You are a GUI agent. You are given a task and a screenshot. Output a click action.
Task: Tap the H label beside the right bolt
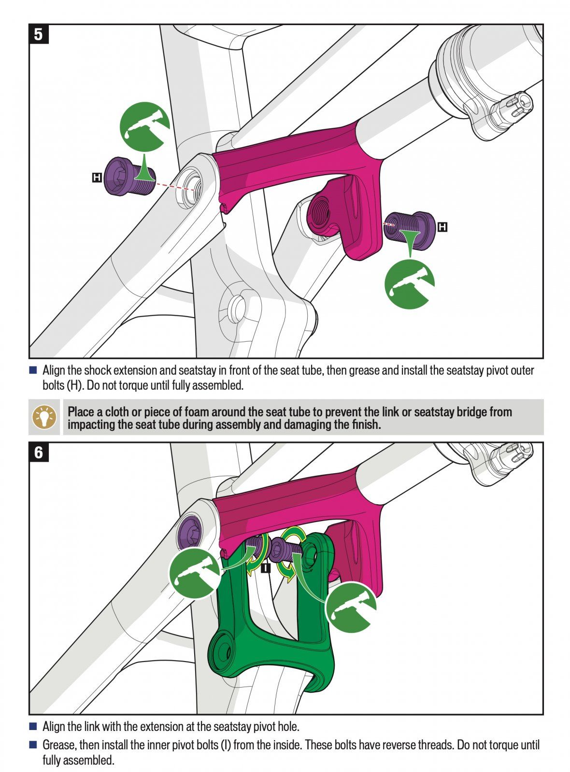point(442,227)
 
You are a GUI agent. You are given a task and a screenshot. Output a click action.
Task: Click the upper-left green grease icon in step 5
point(144,126)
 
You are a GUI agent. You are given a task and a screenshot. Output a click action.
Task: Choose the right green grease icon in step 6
point(351,607)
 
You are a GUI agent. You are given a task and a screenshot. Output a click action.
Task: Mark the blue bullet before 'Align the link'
point(33,726)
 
